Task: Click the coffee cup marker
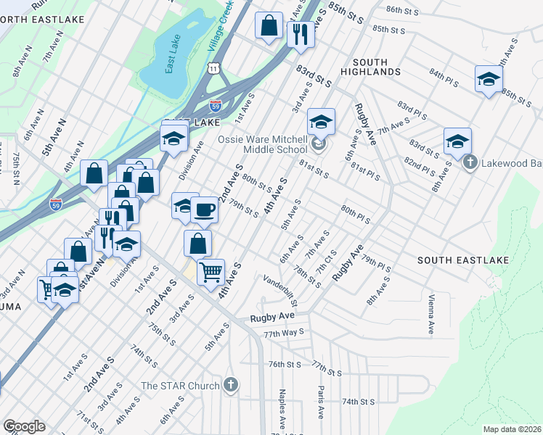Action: (204, 210)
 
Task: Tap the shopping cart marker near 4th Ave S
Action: (211, 272)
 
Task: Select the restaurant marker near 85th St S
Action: (300, 33)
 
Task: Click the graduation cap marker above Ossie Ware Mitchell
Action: (321, 122)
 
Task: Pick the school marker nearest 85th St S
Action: (489, 78)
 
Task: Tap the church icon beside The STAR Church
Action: (230, 385)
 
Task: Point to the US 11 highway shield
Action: (213, 67)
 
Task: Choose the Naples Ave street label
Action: (282, 409)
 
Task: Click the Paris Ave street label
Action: (320, 402)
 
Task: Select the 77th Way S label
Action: (284, 333)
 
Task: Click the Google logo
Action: (24, 426)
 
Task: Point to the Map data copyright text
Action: (512, 429)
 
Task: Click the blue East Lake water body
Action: (171, 69)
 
